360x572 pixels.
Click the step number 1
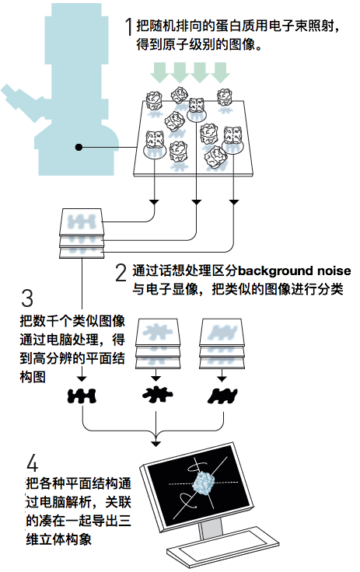pos(128,26)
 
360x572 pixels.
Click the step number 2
pos(121,273)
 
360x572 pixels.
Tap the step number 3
pos(27,298)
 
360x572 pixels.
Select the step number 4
pos(32,463)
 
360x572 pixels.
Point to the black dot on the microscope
pos(79,148)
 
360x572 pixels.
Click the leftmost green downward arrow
pos(159,72)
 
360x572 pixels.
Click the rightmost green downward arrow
pos(220,72)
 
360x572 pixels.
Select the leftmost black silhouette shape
pos(82,396)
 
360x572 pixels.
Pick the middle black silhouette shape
pos(156,394)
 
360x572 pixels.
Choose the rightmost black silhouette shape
pos(222,396)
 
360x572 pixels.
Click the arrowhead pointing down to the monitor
pos(156,444)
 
